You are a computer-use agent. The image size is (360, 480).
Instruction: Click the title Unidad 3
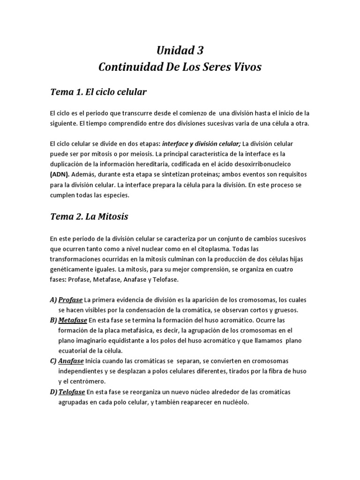point(180,50)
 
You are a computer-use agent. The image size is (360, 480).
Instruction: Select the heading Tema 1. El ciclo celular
point(98,92)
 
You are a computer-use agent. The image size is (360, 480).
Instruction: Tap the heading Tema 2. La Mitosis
point(89,217)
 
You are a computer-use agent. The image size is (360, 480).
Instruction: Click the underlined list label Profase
point(70,300)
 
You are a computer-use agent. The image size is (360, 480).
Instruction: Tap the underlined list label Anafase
point(71,361)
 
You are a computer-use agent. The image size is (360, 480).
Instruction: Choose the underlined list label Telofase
point(72,392)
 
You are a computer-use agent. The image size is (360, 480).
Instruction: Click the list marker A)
point(53,300)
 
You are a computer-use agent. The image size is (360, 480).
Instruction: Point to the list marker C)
point(53,361)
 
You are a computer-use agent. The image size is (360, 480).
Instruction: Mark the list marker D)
point(53,392)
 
